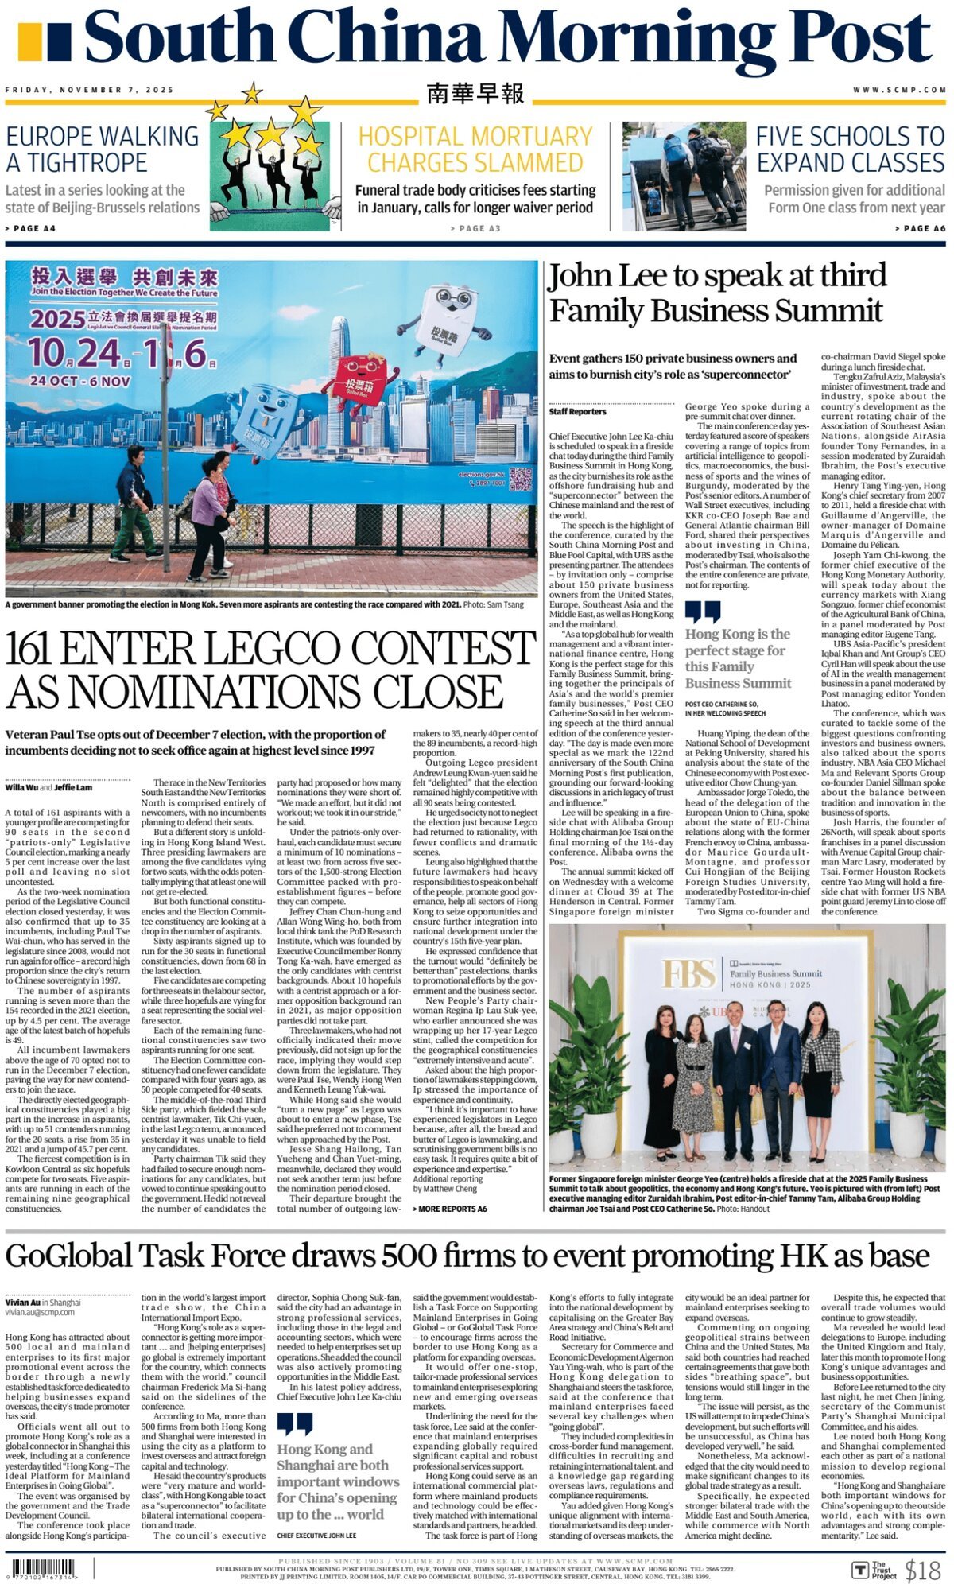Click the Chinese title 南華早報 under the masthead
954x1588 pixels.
click(475, 94)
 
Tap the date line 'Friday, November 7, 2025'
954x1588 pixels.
click(89, 91)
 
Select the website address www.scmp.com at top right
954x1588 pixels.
click(899, 91)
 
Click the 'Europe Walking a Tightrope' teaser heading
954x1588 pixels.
click(103, 149)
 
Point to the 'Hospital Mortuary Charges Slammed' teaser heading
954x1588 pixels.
click(475, 149)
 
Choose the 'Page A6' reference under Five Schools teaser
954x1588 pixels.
click(920, 228)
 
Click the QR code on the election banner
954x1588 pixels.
click(520, 480)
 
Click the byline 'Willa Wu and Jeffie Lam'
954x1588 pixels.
click(48, 788)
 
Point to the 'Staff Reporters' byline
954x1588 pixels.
click(577, 412)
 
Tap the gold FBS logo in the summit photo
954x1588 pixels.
click(688, 975)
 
